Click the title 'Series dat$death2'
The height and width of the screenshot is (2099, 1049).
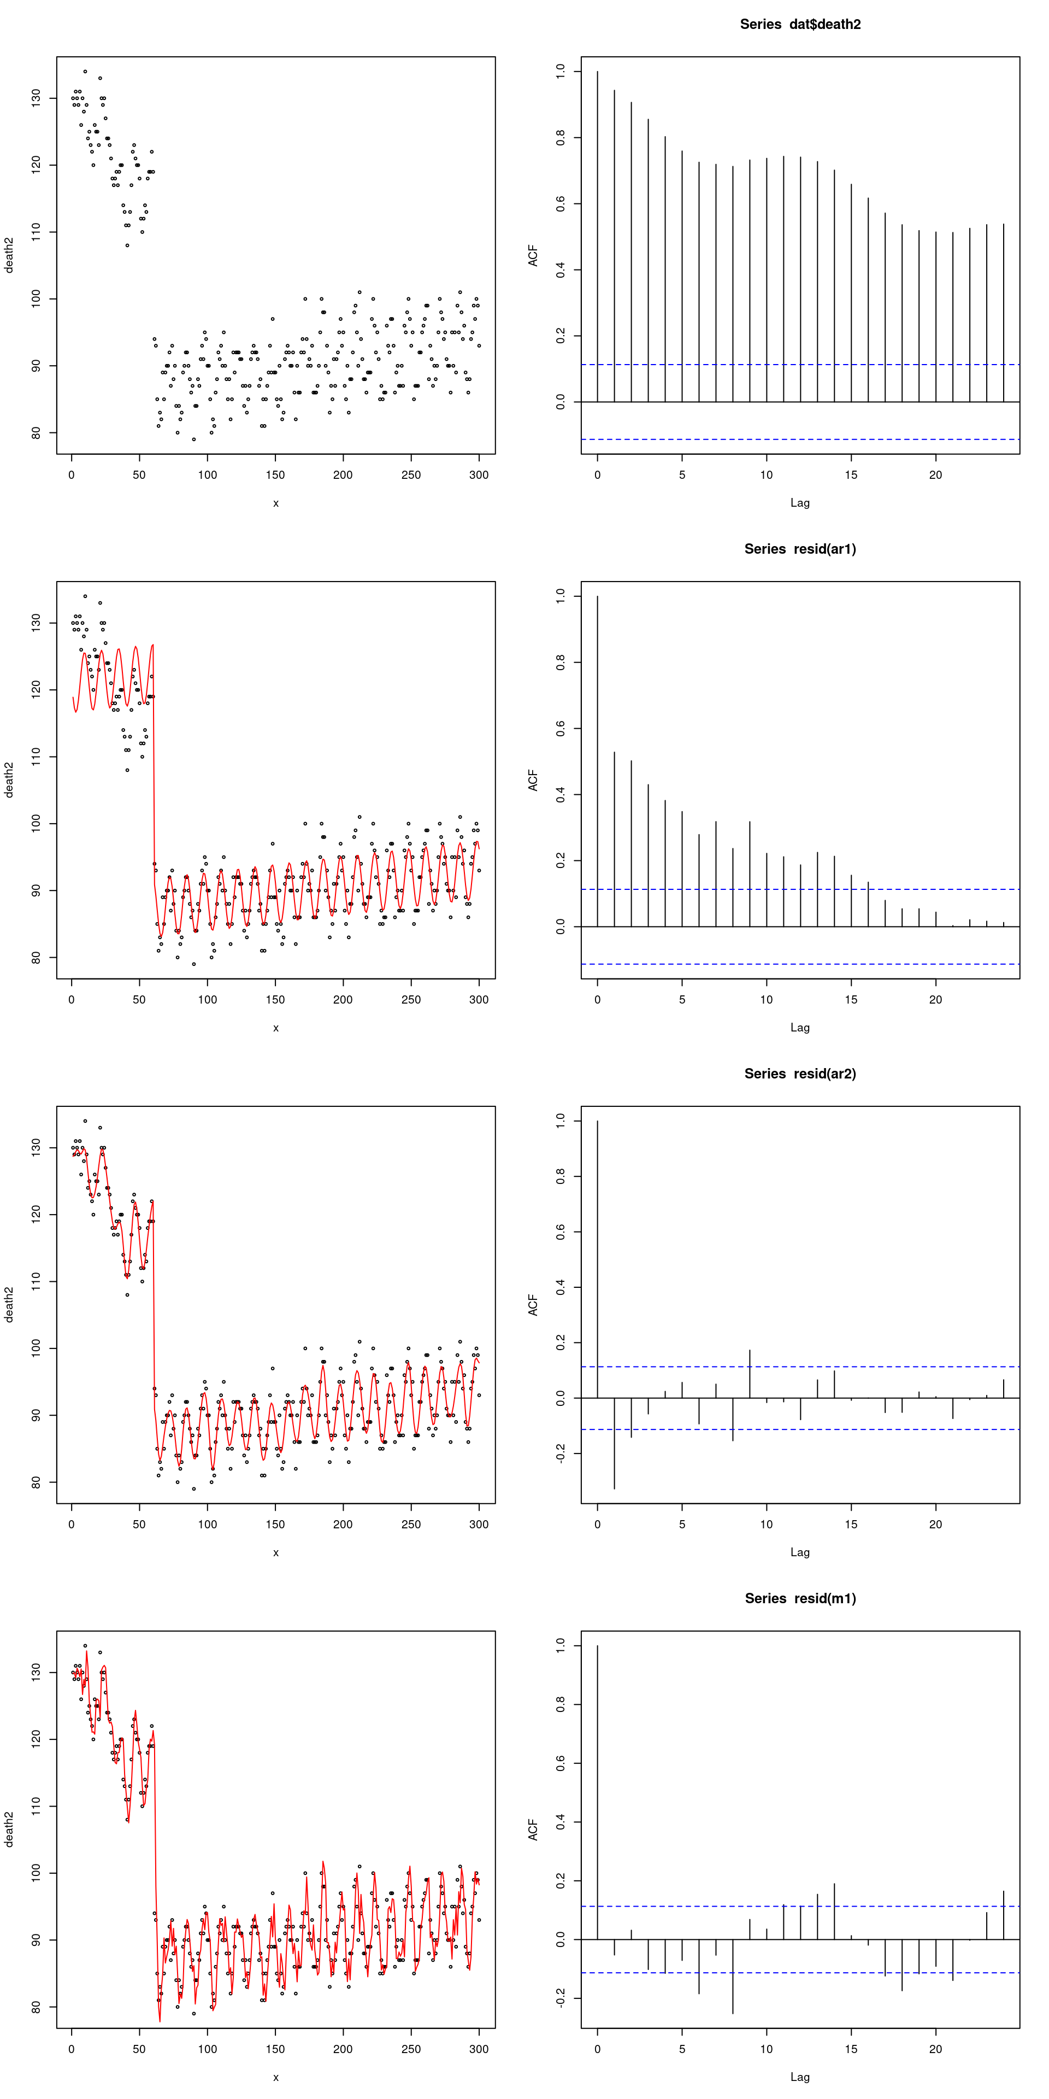coord(800,25)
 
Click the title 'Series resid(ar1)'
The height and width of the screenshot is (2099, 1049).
coord(800,549)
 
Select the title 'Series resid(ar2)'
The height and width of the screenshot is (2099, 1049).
coord(800,1074)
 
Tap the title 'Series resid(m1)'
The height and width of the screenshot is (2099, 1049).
coord(800,1599)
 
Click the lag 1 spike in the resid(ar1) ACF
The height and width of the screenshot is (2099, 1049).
coord(614,839)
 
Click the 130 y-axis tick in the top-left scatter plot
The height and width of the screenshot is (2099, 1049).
coord(36,98)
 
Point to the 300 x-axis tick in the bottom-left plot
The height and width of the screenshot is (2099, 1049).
coord(479,2049)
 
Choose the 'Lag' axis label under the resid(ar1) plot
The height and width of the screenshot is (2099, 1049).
coord(800,1028)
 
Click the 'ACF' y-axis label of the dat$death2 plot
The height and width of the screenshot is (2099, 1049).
coord(533,255)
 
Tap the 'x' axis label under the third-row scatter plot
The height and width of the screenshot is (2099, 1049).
coord(276,1552)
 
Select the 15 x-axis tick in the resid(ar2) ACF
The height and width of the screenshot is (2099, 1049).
coord(851,1525)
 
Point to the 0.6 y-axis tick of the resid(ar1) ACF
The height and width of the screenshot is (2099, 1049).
coord(561,729)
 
